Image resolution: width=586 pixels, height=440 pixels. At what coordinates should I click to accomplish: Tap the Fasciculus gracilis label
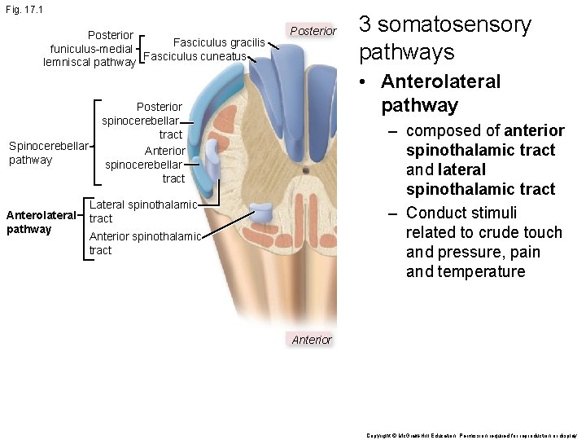219,42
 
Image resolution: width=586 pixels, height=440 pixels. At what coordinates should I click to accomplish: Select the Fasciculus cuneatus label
195,56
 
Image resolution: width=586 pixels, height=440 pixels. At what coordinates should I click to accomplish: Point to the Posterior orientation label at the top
313,31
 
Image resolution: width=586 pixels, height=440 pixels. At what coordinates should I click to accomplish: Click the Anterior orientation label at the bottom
312,340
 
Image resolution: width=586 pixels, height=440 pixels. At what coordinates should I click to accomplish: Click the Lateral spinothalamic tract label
142,211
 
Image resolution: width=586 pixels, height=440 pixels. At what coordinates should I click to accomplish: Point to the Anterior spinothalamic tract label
144,243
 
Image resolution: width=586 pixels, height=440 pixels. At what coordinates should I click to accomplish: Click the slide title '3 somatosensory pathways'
444,38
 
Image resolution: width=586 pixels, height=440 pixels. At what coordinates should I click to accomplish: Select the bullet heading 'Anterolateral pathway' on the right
440,93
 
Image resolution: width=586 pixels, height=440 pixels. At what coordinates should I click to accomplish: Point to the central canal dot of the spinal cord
304,171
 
